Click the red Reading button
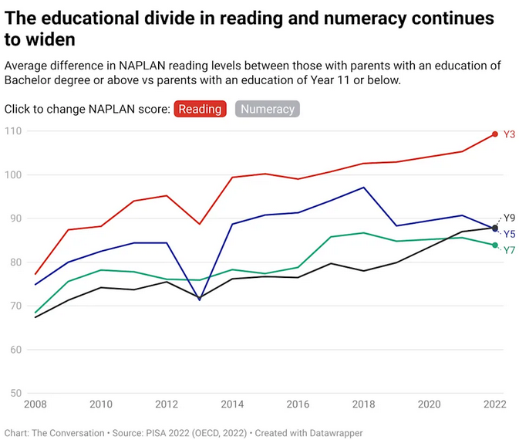pyautogui.click(x=201, y=109)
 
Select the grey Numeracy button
pyautogui.click(x=268, y=109)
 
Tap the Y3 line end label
pyautogui.click(x=509, y=134)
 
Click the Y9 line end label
pyautogui.click(x=509, y=218)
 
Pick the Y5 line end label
pyautogui.click(x=509, y=234)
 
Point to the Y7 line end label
pyautogui.click(x=509, y=250)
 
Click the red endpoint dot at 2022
pyautogui.click(x=495, y=134)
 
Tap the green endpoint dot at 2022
pyautogui.click(x=495, y=245)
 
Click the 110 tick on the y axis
pyautogui.click(x=13, y=131)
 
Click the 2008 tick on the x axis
pyautogui.click(x=35, y=404)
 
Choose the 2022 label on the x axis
pyautogui.click(x=494, y=404)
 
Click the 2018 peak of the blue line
pyautogui.click(x=363, y=187)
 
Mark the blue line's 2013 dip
pyautogui.click(x=200, y=300)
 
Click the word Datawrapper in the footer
pyautogui.click(x=337, y=433)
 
